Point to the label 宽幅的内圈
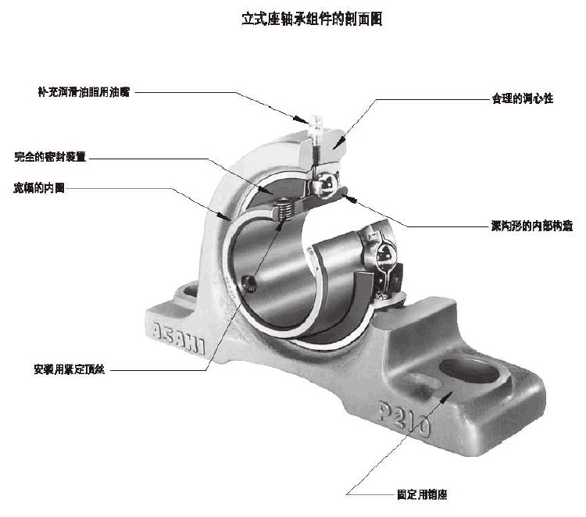39,188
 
